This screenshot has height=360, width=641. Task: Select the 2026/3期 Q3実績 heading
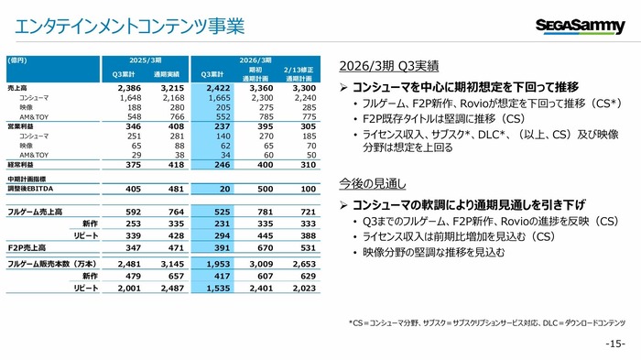tap(388, 66)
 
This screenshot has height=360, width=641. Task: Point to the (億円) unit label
tap(16, 60)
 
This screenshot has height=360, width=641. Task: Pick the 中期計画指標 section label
tap(27, 178)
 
